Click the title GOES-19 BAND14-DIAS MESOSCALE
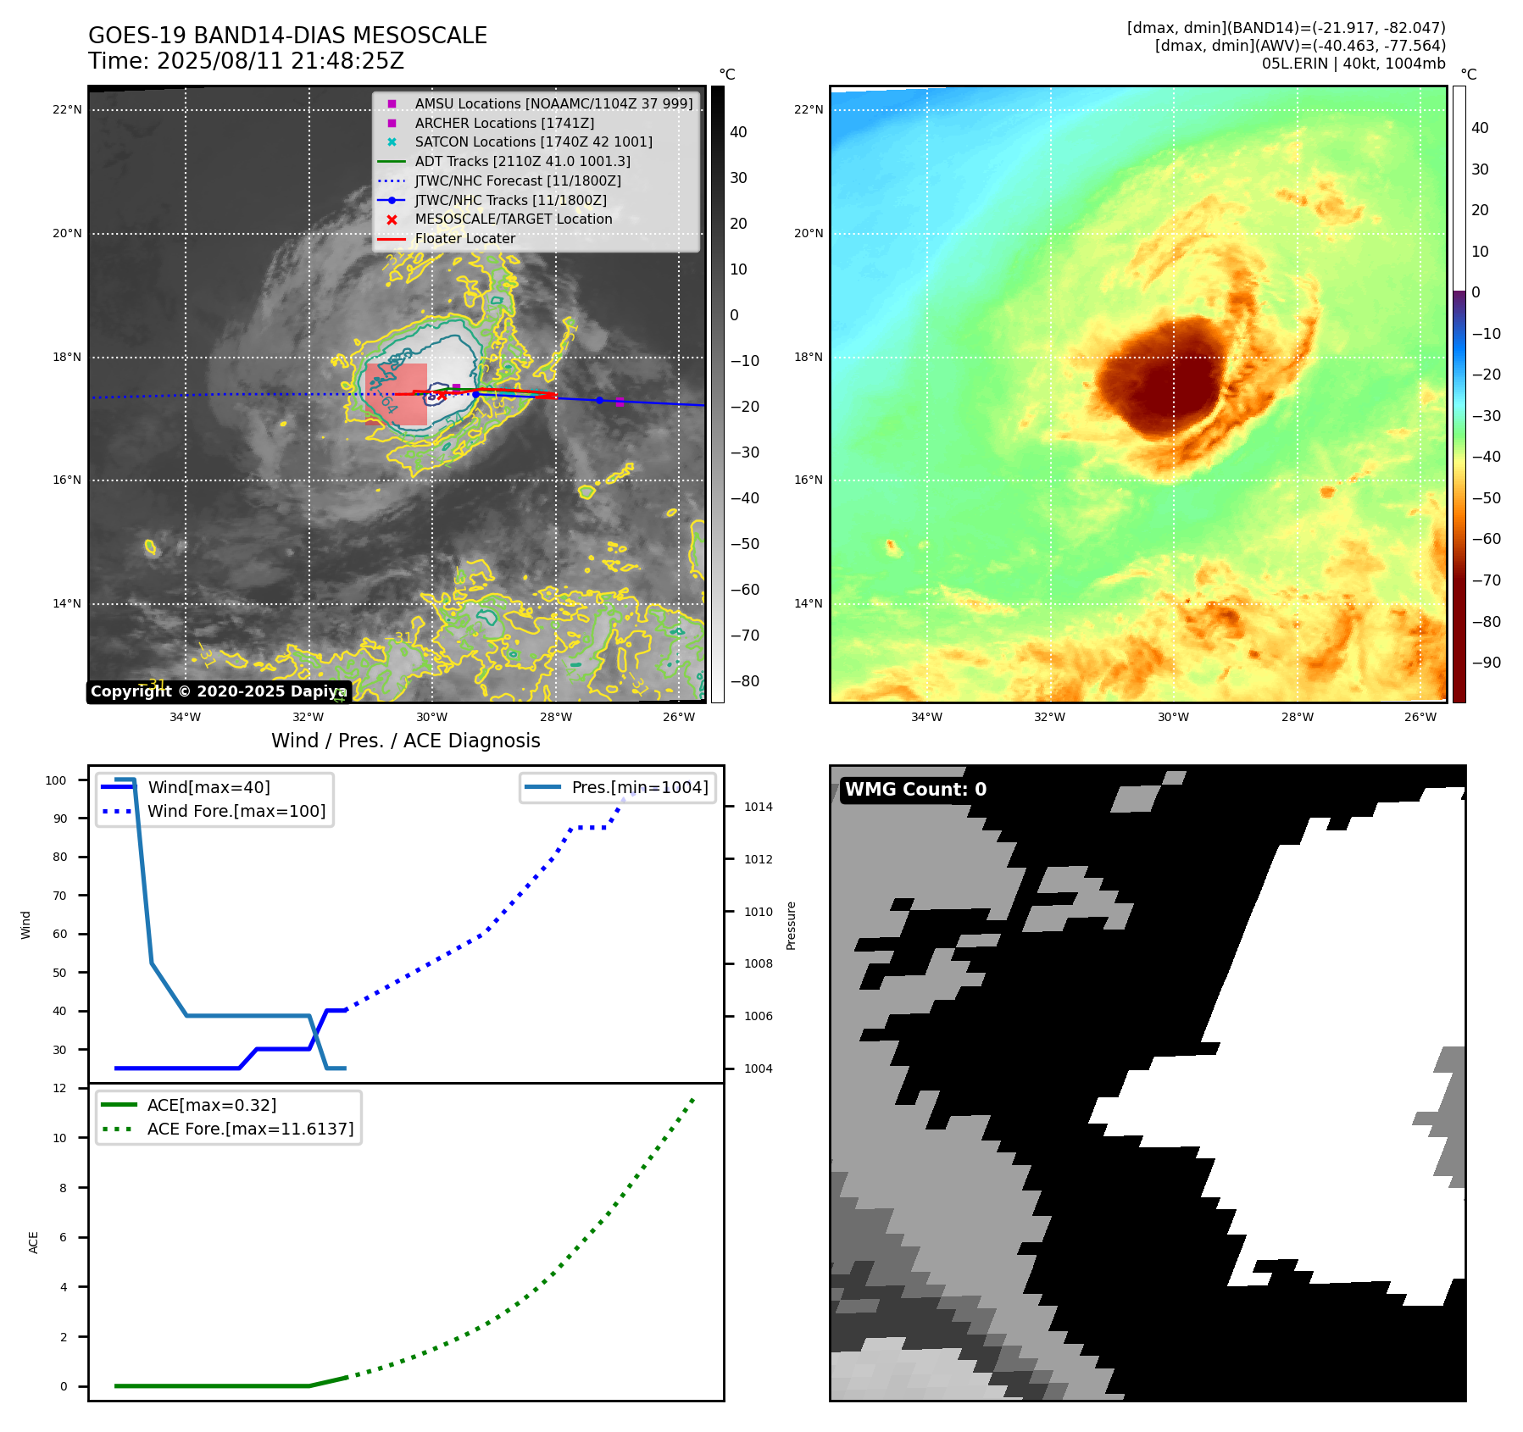tap(287, 36)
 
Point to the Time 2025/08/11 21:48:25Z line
tap(246, 61)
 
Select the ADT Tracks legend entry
tap(522, 161)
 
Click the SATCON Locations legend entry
tap(533, 142)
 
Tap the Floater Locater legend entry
tap(464, 238)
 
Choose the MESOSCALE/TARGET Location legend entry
tap(513, 219)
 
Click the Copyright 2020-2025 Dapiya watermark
tap(219, 691)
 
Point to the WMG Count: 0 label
tap(915, 789)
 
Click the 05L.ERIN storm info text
tap(1353, 64)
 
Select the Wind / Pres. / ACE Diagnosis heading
tap(405, 741)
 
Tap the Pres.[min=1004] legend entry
tap(639, 787)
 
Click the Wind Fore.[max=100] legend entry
tap(236, 811)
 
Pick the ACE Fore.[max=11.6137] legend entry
tap(250, 1129)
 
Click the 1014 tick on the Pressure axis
tap(758, 807)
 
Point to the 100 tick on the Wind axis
tap(56, 780)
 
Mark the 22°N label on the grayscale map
tap(67, 109)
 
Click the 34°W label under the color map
tap(926, 717)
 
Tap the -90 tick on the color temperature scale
tap(1486, 663)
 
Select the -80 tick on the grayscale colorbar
tap(745, 680)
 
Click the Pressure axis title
tap(791, 925)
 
